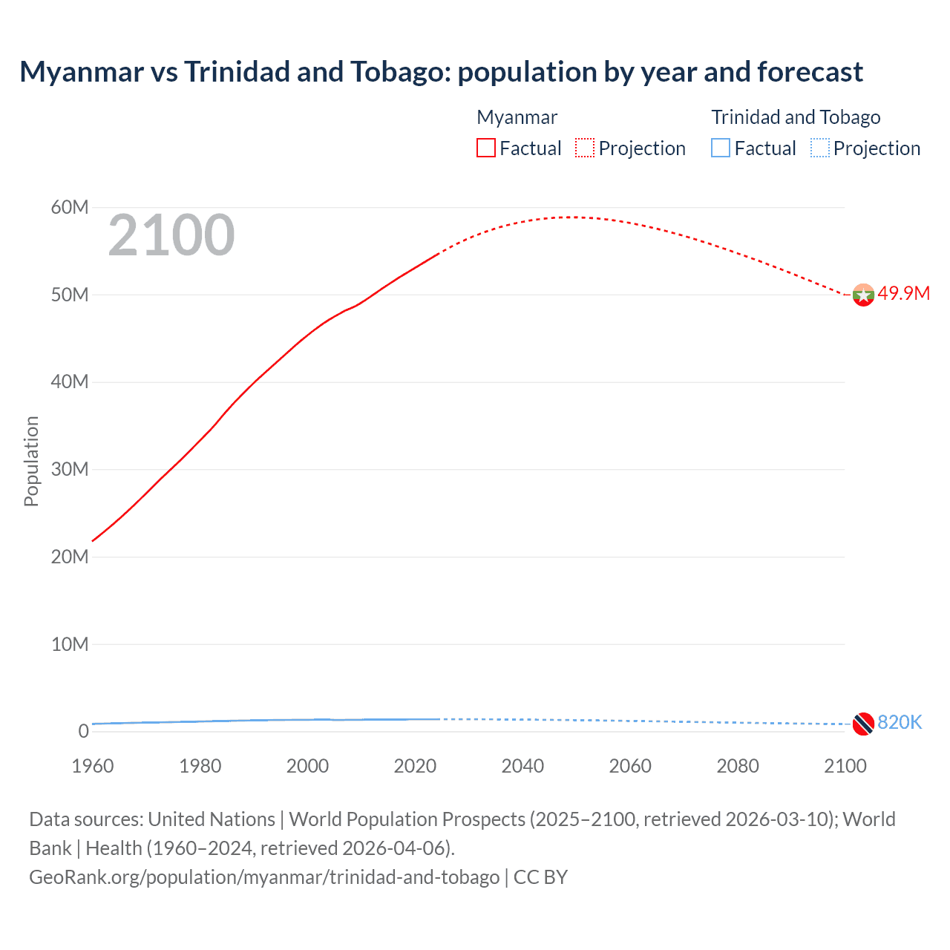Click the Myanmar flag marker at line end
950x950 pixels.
[x=863, y=295]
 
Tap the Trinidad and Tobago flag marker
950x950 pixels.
[x=863, y=724]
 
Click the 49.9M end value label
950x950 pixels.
[x=903, y=293]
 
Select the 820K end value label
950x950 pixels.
[x=900, y=722]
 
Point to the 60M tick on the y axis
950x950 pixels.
[x=70, y=207]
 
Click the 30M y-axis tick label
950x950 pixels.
[x=70, y=469]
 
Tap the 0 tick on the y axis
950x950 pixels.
[x=83, y=731]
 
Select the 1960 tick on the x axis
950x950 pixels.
[x=93, y=766]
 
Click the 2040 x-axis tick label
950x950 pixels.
[x=522, y=766]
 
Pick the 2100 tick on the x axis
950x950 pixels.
[x=845, y=766]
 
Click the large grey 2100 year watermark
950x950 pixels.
[x=171, y=235]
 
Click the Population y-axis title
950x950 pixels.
[x=31, y=461]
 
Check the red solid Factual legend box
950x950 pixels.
[x=486, y=148]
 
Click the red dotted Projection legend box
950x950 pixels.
[x=585, y=148]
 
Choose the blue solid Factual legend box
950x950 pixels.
[x=721, y=148]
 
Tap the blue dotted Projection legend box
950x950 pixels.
[x=819, y=148]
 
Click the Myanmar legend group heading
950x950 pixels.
[x=517, y=117]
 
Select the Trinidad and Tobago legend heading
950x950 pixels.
[x=796, y=117]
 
